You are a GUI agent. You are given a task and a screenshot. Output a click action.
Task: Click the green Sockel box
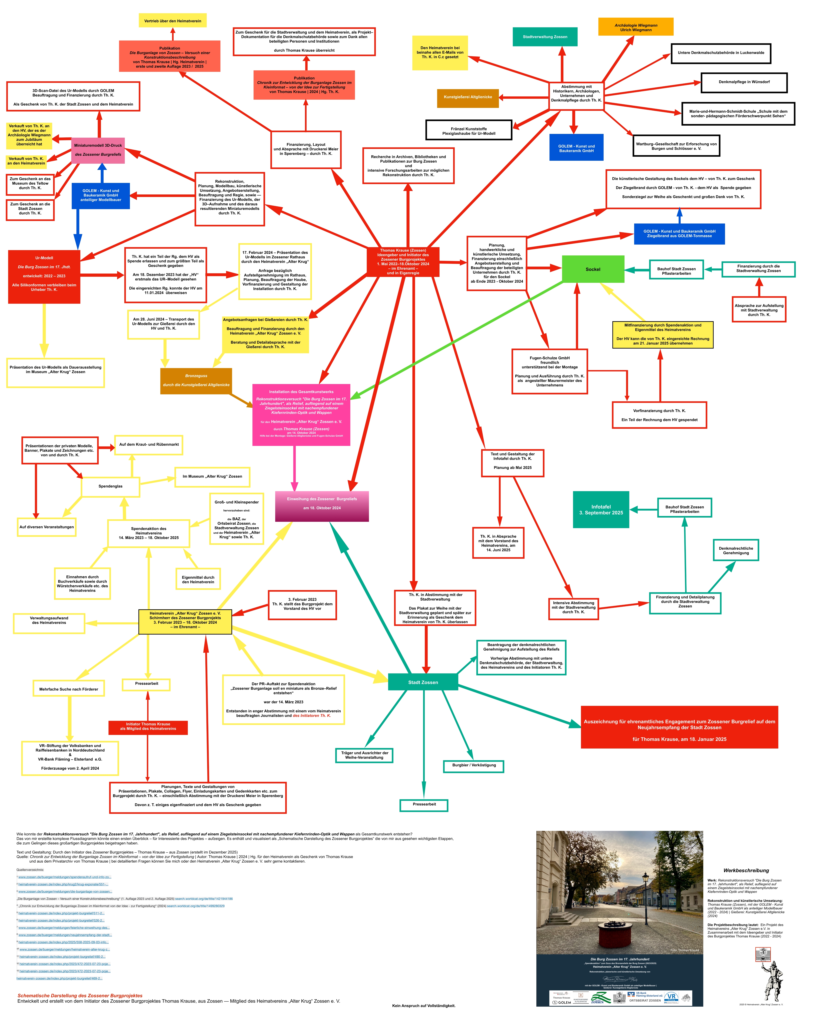click(x=593, y=269)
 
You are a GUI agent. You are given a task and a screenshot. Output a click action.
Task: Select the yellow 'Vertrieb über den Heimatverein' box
click(x=172, y=21)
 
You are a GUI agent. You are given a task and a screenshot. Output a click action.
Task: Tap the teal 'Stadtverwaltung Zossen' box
click(x=545, y=37)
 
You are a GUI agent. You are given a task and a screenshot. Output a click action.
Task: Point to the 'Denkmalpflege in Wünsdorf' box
click(x=744, y=82)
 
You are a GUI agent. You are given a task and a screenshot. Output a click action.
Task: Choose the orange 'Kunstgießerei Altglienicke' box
click(x=467, y=98)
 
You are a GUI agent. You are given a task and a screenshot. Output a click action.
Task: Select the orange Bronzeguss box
click(x=196, y=380)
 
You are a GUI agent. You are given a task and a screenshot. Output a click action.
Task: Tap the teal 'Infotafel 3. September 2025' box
click(x=600, y=509)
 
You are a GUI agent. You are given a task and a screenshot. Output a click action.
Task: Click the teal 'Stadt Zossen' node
click(x=423, y=682)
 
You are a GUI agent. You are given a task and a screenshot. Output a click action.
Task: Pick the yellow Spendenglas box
click(x=110, y=486)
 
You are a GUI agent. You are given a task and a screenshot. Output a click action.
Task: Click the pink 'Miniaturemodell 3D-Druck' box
click(x=98, y=150)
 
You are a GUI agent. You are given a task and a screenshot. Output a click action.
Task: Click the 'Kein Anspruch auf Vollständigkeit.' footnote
click(x=423, y=1005)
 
